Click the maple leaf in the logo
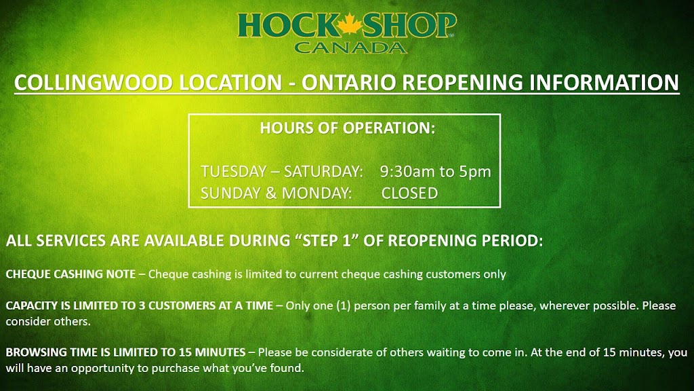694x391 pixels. (x=350, y=24)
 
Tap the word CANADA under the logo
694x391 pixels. (x=350, y=48)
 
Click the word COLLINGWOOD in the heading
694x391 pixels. (x=93, y=83)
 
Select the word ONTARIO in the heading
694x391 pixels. (x=350, y=83)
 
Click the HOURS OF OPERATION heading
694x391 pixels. (x=348, y=128)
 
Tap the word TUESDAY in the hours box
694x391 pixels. (x=234, y=172)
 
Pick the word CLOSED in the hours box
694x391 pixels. (x=410, y=193)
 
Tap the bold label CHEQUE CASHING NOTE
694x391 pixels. (x=70, y=274)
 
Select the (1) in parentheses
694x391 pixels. (x=344, y=306)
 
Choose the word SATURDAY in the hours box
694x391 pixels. (x=323, y=172)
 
